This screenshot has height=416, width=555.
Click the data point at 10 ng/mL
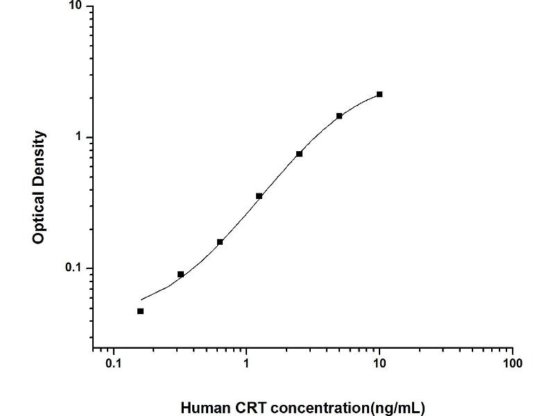coord(379,94)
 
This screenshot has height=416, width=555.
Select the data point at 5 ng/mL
coord(339,116)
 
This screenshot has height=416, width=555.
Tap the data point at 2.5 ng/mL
coord(299,154)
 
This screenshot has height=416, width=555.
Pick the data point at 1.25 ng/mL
coord(259,196)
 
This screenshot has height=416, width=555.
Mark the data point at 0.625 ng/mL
coord(220,242)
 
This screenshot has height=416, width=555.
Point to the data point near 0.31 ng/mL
coord(180,275)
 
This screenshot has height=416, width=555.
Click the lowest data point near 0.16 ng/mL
coord(140,311)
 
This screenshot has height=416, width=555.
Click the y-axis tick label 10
coord(75,7)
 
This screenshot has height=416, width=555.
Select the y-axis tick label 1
coord(78,137)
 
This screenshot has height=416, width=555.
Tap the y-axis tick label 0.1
coord(72,268)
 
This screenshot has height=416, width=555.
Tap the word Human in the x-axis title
coord(204,408)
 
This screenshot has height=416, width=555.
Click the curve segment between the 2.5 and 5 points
coord(320,133)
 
